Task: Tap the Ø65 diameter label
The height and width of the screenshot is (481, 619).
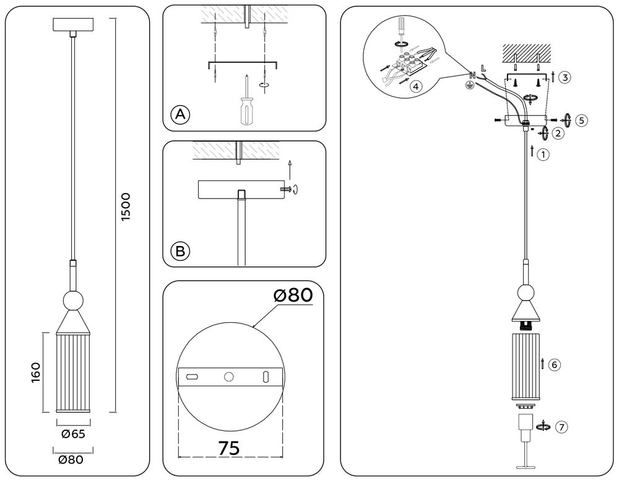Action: point(73,433)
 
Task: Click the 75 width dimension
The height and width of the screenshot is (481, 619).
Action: point(229,447)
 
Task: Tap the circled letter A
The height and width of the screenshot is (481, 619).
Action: point(180,114)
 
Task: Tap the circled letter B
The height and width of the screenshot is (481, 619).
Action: point(180,251)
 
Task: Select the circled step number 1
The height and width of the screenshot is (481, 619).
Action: point(543,155)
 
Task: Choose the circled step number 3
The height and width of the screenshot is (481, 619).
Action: point(563,77)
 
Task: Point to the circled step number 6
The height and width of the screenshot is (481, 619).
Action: point(555,365)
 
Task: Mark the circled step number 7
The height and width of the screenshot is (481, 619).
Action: point(561,427)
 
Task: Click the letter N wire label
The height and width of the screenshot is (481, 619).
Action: point(472,75)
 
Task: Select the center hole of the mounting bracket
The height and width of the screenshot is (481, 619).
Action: point(229,376)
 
